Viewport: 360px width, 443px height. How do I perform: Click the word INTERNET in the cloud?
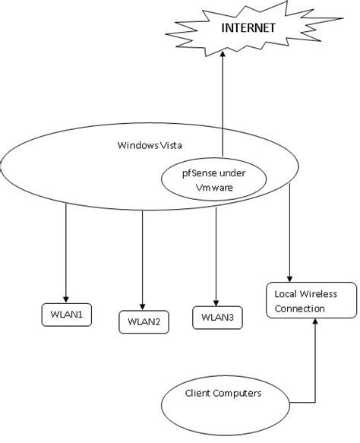pos(247,28)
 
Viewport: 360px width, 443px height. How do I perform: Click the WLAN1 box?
pos(66,314)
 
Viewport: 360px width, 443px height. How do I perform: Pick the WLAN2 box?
pos(143,321)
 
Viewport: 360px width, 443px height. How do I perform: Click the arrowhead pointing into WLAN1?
pos(66,298)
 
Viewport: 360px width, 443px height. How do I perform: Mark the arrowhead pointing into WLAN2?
pos(143,305)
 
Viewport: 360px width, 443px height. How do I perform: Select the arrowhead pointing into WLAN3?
pos(216,302)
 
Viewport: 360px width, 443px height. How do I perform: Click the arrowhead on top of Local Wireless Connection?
pos(289,278)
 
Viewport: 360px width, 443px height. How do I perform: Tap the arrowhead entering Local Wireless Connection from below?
pos(314,324)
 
